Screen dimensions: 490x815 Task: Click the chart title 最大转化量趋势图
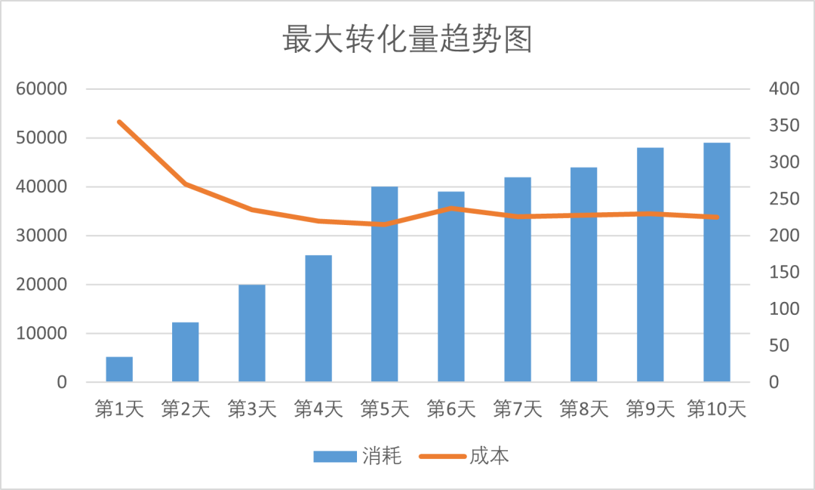click(407, 40)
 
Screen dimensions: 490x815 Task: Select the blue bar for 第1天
click(119, 369)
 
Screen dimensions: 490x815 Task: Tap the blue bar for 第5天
click(385, 284)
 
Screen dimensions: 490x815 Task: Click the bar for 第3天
click(252, 333)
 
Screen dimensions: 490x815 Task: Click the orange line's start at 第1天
click(119, 122)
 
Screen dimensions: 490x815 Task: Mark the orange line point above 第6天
click(451, 208)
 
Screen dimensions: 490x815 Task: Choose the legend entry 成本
click(467, 456)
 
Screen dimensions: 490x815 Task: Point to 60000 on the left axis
click(42, 89)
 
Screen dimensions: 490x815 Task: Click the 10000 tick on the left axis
click(42, 334)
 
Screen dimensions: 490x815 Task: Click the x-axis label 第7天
click(518, 409)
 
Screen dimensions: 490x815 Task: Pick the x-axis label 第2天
click(186, 409)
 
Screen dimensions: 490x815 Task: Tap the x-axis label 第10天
click(717, 409)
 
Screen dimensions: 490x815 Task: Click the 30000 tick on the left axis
click(42, 236)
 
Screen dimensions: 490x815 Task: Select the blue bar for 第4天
click(318, 319)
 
